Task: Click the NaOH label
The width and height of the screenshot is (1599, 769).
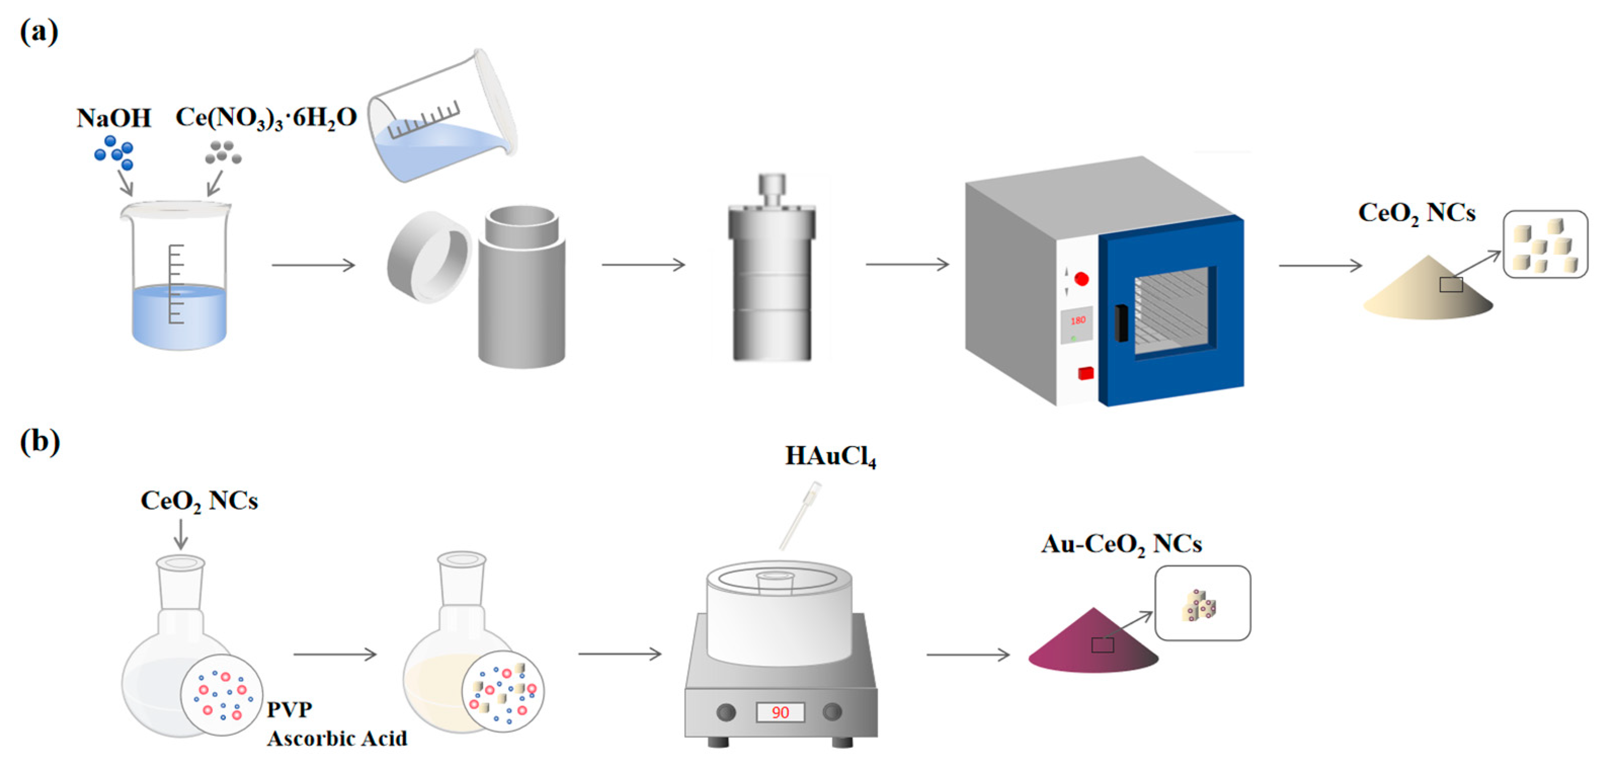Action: coord(113,118)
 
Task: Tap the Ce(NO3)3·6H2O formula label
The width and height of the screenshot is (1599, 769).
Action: coord(266,117)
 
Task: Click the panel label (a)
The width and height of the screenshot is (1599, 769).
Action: coord(39,31)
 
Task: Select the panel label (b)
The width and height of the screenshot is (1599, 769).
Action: coord(39,441)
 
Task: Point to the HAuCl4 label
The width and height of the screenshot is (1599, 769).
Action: coord(830,456)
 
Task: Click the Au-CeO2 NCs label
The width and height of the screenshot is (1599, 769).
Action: coord(1121,544)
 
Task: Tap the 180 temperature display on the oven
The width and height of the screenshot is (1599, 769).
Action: coord(1078,321)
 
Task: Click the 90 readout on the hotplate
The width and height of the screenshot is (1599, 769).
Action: coord(780,712)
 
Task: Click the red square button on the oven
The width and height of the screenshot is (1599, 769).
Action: coord(1086,373)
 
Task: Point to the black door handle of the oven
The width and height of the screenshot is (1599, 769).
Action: coord(1121,323)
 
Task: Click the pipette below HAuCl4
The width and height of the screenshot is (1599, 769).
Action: coord(800,515)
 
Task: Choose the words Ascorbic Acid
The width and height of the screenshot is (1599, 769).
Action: coord(337,739)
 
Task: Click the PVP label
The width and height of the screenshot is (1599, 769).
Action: coord(289,709)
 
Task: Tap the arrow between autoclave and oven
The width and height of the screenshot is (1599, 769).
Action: coord(907,264)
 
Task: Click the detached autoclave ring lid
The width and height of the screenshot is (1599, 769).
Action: coord(428,256)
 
